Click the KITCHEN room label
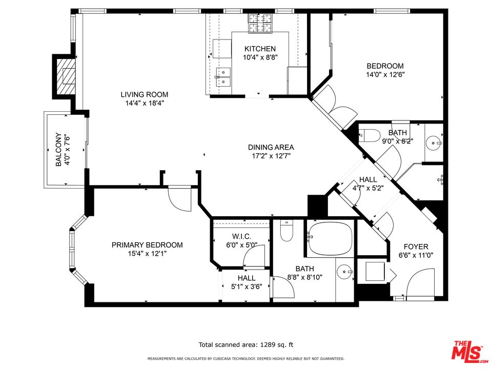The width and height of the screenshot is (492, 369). pos(260,49)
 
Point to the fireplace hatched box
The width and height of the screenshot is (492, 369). pos(65,77)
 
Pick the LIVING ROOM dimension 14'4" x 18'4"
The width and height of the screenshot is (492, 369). pos(144,103)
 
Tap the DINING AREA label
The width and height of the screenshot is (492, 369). pos(271,147)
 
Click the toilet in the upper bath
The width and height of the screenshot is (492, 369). pos(370,136)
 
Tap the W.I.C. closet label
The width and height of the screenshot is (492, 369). pos(241,236)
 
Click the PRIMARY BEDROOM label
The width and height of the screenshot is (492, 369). pos(147,245)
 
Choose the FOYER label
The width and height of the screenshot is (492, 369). pos(416,247)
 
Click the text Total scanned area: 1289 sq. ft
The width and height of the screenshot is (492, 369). pos(245,345)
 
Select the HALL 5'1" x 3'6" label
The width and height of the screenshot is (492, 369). pos(246,282)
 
